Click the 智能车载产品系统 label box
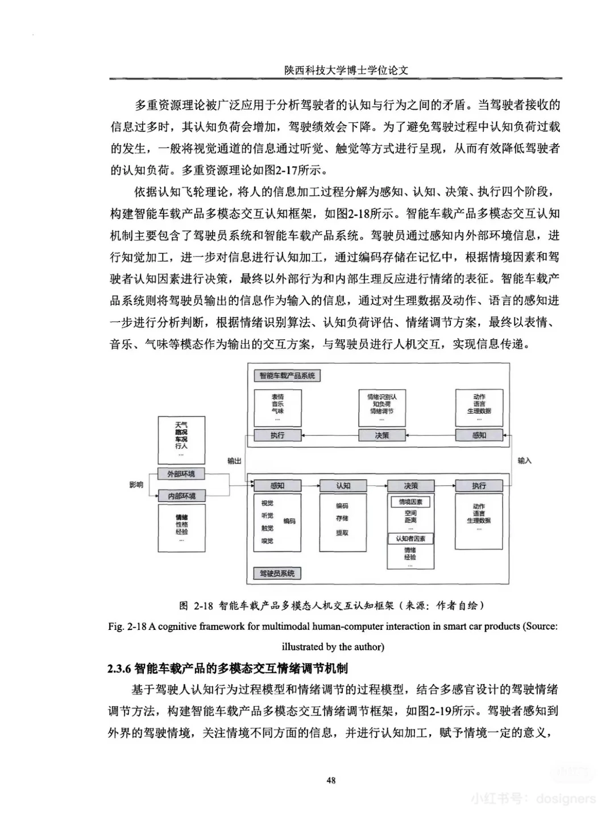pos(287,376)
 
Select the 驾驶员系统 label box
pos(277,573)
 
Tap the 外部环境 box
pos(181,474)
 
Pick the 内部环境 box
pos(181,496)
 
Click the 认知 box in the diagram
pos(343,486)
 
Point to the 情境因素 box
pos(410,502)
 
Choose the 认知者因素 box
pos(410,538)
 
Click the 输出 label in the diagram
pos(234,461)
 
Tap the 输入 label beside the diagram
pos(524,461)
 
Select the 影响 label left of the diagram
pos(136,485)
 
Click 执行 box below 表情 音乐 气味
pos(277,435)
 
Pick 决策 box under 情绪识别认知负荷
pos(381,435)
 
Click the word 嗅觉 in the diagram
pos(267,541)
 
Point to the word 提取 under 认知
pos(342,533)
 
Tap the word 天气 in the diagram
pos(181,425)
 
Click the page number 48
pos(331,780)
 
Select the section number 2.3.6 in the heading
pos(119,668)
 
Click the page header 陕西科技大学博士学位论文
pos(347,70)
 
